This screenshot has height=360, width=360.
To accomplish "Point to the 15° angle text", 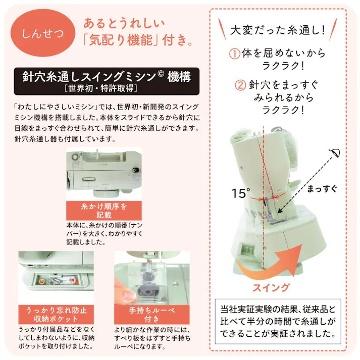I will (x=241, y=192).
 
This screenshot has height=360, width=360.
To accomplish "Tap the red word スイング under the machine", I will (x=271, y=288).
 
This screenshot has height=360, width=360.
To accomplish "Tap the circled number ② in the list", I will (x=240, y=85).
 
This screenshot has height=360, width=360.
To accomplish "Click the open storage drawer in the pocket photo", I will (x=57, y=281).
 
